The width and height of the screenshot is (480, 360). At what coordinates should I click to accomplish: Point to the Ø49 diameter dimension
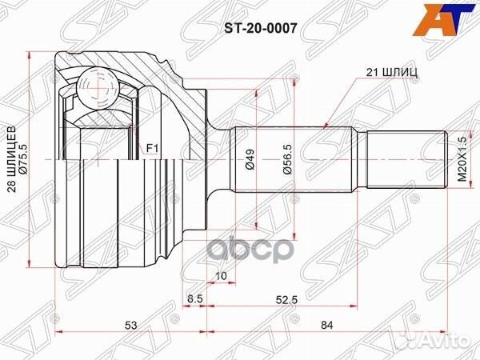pos(250,158)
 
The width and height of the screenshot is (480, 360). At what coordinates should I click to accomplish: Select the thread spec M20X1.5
pos(460,158)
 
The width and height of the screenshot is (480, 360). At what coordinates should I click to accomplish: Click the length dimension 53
pos(129,325)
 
